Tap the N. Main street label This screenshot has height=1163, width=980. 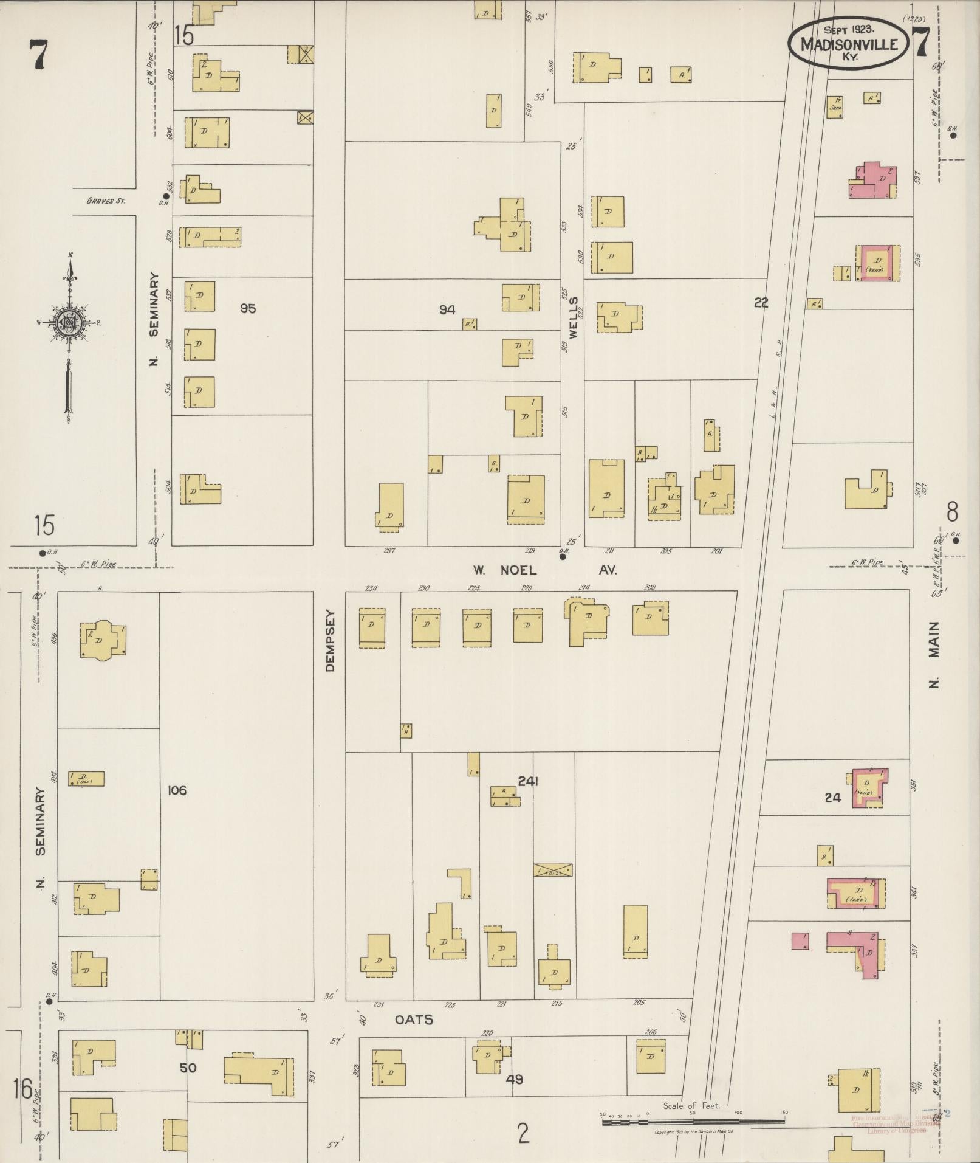click(x=934, y=654)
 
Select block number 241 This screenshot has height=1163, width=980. click(x=528, y=781)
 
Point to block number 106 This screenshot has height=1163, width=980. click(x=177, y=790)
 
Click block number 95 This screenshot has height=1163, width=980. click(x=247, y=309)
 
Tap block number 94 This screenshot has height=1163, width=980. click(x=447, y=310)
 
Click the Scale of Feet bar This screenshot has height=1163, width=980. click(x=693, y=1122)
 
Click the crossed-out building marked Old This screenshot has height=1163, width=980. click(x=552, y=870)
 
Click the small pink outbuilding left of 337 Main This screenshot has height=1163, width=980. click(x=800, y=958)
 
